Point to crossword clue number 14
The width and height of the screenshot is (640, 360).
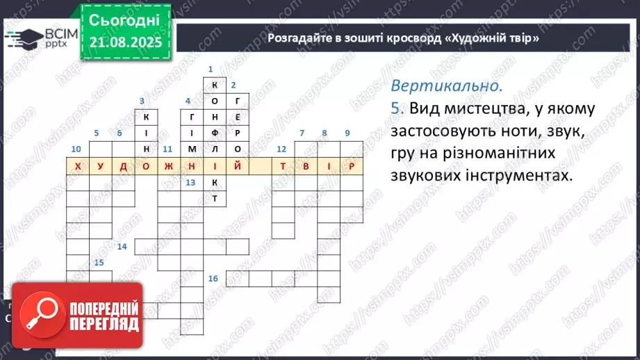coord(122,247)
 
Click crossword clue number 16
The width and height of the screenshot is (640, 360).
coord(213,278)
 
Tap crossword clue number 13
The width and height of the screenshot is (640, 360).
coord(190,182)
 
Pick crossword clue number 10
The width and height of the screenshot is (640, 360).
coord(76,149)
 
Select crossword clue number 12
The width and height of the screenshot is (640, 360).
coord(281,149)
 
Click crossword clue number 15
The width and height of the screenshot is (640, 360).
coord(99,262)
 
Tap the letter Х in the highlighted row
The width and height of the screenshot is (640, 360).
coord(77,166)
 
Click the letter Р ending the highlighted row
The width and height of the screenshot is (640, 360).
coord(352,166)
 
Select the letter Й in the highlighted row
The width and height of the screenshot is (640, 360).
coord(238,166)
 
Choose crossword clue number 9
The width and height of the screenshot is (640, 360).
coord(347,133)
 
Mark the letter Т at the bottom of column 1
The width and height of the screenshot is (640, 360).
coord(215,198)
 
